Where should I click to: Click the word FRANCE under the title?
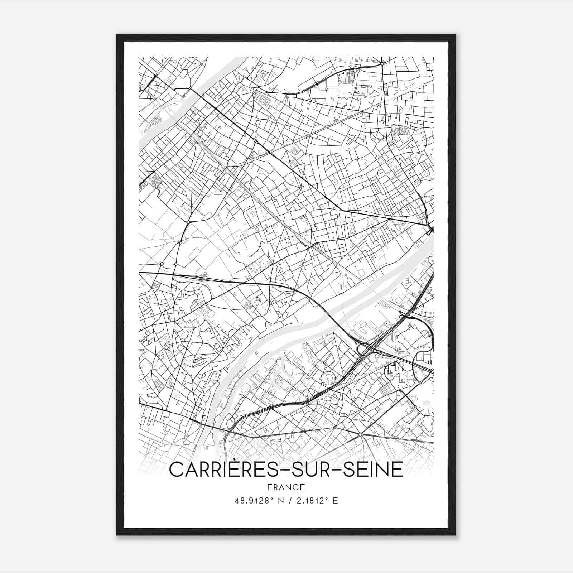(286, 487)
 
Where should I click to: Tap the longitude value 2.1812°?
(312, 501)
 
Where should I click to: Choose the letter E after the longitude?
(335, 501)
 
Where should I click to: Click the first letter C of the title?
(176, 470)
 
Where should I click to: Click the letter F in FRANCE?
(269, 487)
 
